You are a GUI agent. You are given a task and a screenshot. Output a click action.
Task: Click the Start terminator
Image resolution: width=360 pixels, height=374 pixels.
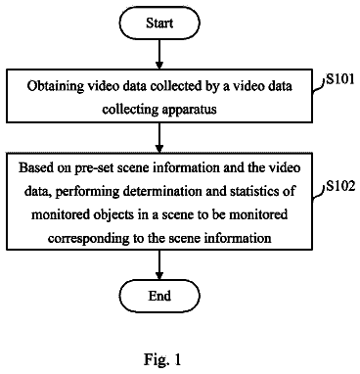pos(159,23)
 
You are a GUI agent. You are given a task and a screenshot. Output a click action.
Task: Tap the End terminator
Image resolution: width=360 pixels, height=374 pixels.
pos(159,296)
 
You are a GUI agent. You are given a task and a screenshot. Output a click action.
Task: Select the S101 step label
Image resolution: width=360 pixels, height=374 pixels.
pos(340,79)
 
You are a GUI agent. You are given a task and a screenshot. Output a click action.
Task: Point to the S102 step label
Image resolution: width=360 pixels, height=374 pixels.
pos(340,186)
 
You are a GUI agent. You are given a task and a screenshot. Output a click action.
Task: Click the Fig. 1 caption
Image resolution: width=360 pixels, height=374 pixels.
pos(162,359)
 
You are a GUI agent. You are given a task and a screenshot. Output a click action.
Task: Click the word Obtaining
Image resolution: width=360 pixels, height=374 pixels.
pos(51,86)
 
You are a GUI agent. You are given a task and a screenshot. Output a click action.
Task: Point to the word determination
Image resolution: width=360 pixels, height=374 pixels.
pos(163,191)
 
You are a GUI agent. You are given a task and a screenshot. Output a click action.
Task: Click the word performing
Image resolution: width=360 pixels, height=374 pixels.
pos(87,192)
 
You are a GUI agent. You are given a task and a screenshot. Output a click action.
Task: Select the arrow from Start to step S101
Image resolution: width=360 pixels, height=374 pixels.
pos(159,55)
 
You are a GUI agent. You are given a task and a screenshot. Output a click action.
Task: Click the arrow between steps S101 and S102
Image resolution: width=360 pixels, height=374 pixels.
pos(159,138)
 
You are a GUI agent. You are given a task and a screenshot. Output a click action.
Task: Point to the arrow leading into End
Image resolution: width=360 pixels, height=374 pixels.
pos(159,265)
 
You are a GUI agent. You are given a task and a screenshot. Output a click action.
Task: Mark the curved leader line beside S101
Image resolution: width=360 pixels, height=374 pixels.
pos(319,87)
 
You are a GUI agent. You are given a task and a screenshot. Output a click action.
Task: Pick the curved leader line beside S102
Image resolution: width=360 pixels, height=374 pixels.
pos(319,194)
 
